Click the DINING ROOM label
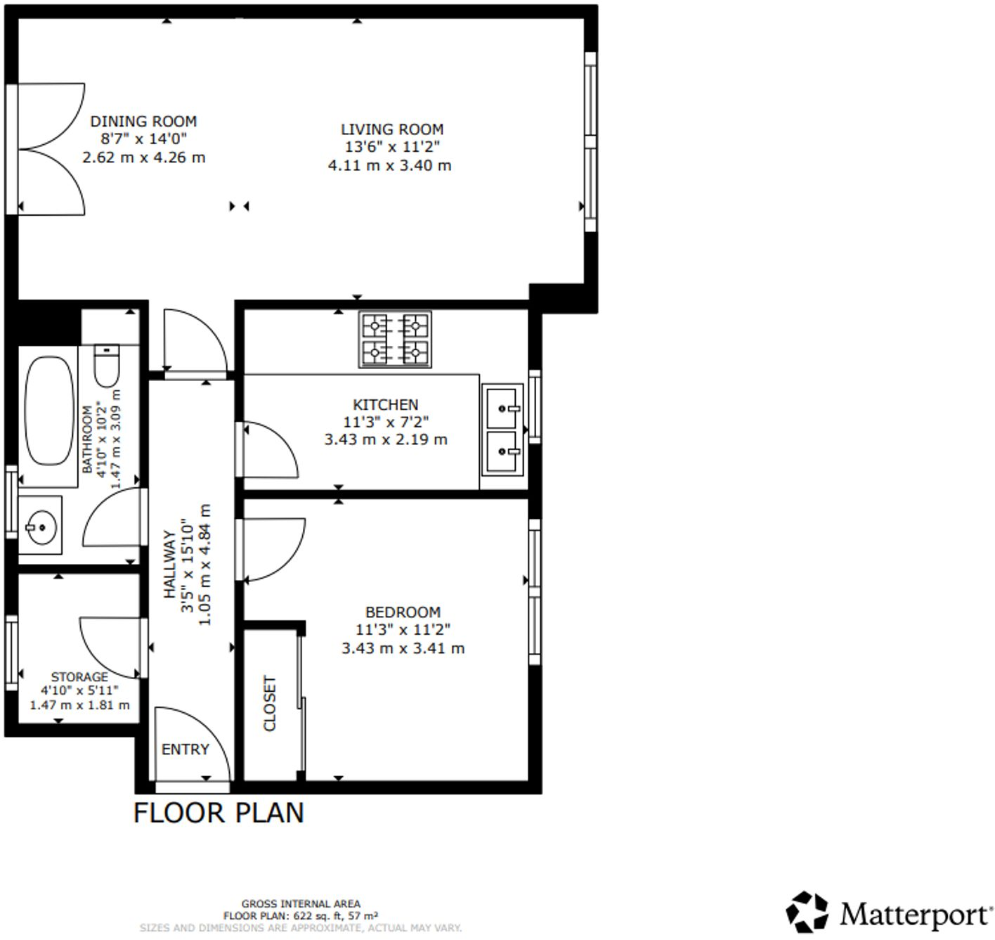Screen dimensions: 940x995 (x=143, y=121)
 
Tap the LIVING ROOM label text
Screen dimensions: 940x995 (x=392, y=129)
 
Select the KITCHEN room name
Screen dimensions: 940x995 (x=385, y=405)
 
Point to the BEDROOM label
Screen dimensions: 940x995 (x=403, y=612)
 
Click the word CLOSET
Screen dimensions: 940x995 (x=270, y=703)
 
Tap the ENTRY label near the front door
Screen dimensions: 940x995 (x=186, y=749)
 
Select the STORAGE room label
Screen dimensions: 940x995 (x=79, y=676)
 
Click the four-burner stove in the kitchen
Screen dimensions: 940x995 (x=395, y=340)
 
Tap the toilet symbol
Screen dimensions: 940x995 (x=108, y=366)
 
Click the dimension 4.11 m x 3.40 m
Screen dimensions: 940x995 (x=389, y=166)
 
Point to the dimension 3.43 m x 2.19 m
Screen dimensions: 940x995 (x=385, y=440)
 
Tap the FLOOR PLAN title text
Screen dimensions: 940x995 (x=219, y=813)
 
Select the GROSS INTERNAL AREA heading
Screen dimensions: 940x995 (x=301, y=904)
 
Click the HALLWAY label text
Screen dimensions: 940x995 (x=169, y=565)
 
